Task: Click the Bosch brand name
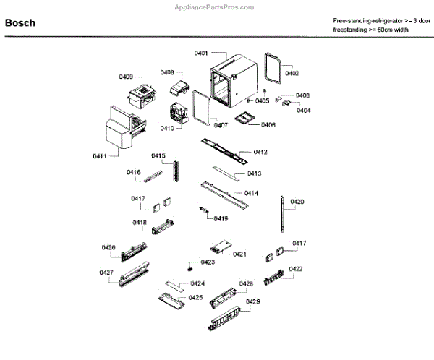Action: click(20, 23)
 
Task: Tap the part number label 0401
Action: click(201, 53)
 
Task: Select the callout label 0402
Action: click(292, 73)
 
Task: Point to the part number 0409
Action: click(126, 77)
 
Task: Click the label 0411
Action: click(100, 156)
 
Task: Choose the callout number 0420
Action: click(297, 202)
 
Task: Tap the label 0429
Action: click(253, 301)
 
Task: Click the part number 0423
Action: click(208, 262)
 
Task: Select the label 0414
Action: click(252, 193)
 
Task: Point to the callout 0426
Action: click(109, 248)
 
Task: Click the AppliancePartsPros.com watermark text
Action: click(215, 6)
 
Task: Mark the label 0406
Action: click(268, 125)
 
